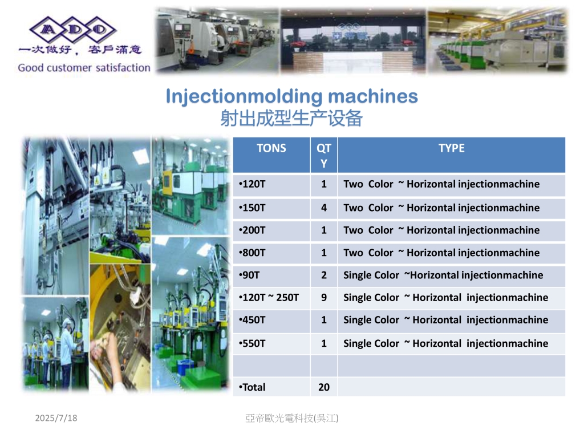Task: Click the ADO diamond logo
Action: click(x=73, y=30)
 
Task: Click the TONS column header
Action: click(x=271, y=148)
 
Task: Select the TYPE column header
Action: click(x=452, y=148)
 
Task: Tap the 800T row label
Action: click(x=252, y=253)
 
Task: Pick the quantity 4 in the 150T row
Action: click(x=324, y=208)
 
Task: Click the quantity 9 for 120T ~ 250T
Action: click(x=324, y=298)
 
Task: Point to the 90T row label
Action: click(x=249, y=275)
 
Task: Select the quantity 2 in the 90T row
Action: click(x=324, y=275)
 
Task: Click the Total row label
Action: click(x=252, y=387)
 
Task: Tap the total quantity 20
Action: click(x=324, y=387)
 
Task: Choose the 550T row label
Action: click(x=252, y=343)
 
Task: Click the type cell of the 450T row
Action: click(x=445, y=320)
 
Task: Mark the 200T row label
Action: click(x=252, y=230)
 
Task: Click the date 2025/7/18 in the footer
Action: click(x=56, y=418)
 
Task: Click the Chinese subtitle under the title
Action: click(x=291, y=119)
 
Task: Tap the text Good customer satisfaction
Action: click(x=84, y=68)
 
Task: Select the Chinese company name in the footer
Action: click(x=292, y=418)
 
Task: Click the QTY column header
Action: click(x=324, y=156)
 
